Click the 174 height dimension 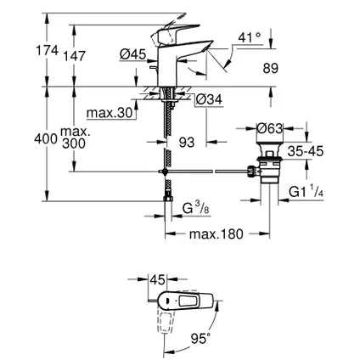48,52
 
